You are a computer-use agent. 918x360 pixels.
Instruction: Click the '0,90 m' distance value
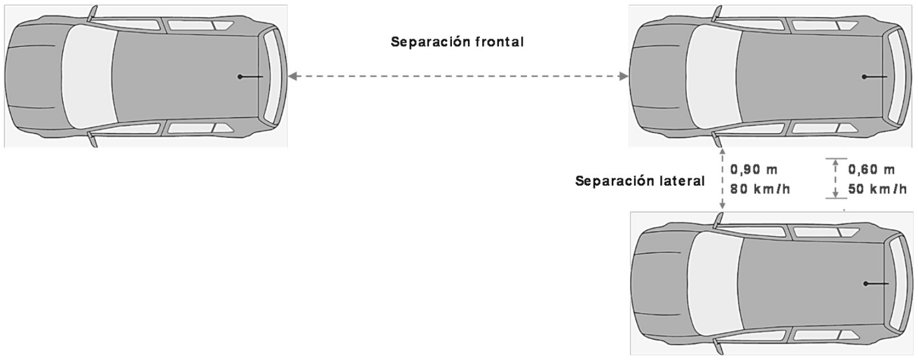click(754, 169)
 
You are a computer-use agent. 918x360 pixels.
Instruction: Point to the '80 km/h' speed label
click(760, 189)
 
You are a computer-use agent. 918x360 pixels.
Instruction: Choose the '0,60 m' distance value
click(871, 169)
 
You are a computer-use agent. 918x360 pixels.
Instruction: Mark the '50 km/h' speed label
click(877, 189)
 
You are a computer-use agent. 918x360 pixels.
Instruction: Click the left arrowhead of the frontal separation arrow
click(293, 76)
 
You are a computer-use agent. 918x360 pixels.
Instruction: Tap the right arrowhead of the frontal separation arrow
click(624, 76)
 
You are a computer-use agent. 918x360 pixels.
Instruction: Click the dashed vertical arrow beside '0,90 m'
click(722, 179)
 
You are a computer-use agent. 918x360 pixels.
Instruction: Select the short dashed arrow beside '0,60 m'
click(835, 179)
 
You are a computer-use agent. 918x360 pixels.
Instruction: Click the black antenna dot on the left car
click(240, 76)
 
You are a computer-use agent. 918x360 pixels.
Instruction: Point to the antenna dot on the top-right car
click(864, 76)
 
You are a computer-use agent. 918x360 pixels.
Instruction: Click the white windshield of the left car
click(89, 76)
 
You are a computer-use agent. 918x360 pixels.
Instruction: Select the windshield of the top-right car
click(714, 76)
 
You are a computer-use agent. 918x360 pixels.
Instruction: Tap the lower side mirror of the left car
click(93, 139)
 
